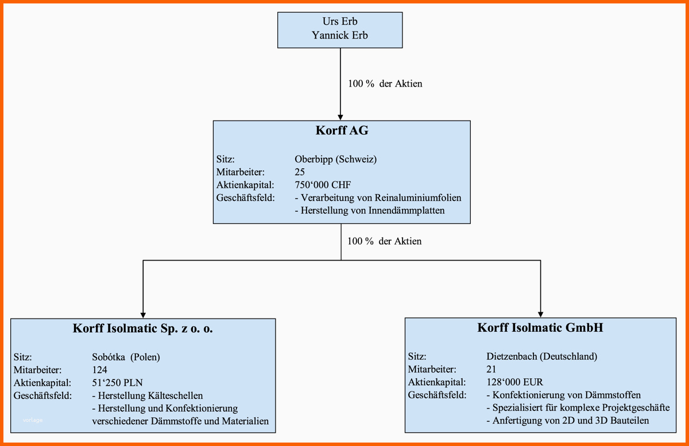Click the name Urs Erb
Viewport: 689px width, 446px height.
coord(340,22)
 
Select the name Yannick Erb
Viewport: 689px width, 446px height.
coord(340,35)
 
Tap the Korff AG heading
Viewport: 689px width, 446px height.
coord(342,131)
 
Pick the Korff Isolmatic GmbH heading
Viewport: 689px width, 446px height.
coord(540,328)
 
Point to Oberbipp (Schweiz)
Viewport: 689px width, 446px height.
coord(335,160)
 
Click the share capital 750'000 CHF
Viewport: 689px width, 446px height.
coord(322,185)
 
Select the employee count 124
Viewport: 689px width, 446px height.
coord(99,370)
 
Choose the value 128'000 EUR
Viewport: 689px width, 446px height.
coord(514,382)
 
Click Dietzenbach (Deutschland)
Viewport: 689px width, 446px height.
coord(541,356)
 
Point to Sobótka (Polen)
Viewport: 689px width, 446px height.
coord(126,357)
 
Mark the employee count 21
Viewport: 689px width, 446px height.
coord(491,369)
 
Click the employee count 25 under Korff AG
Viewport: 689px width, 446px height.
coord(299,172)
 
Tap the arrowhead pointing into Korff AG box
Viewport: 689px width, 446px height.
coord(340,117)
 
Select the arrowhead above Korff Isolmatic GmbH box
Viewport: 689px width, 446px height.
coord(540,313)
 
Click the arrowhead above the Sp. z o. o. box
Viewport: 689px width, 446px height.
coord(142,314)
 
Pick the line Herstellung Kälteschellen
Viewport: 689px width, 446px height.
coord(147,395)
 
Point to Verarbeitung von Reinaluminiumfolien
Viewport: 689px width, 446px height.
coord(378,198)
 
